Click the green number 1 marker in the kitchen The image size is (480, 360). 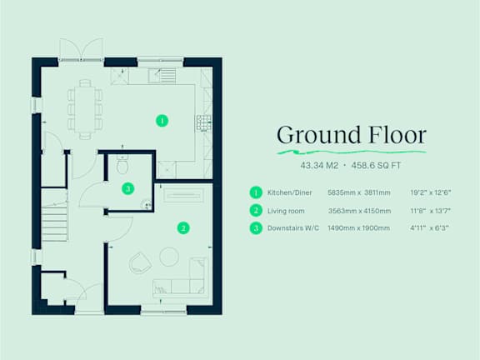tap(162, 121)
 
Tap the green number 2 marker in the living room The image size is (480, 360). tap(183, 228)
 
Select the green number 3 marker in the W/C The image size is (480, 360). tap(128, 188)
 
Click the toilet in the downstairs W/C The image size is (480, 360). tap(122, 163)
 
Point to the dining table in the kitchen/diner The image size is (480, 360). tap(85, 109)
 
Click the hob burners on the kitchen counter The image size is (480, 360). tap(203, 123)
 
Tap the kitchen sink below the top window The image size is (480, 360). tap(162, 76)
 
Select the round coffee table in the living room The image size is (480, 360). tap(169, 257)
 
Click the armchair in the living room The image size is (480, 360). tap(140, 263)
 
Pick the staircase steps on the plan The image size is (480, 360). tap(54, 223)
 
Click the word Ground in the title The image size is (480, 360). tap(318, 135)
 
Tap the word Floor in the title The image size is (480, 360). tap(397, 134)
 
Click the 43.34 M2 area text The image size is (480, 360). tap(319, 166)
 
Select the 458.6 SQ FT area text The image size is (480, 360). tap(376, 166)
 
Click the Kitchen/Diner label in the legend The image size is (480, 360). tap(290, 192)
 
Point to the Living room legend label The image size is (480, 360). tap(286, 211)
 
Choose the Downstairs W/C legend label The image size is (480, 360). tap(293, 228)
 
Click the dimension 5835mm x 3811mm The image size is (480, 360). tap(359, 192)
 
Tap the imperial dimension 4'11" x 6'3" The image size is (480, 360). tap(429, 228)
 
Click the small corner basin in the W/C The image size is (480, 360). tap(147, 204)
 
